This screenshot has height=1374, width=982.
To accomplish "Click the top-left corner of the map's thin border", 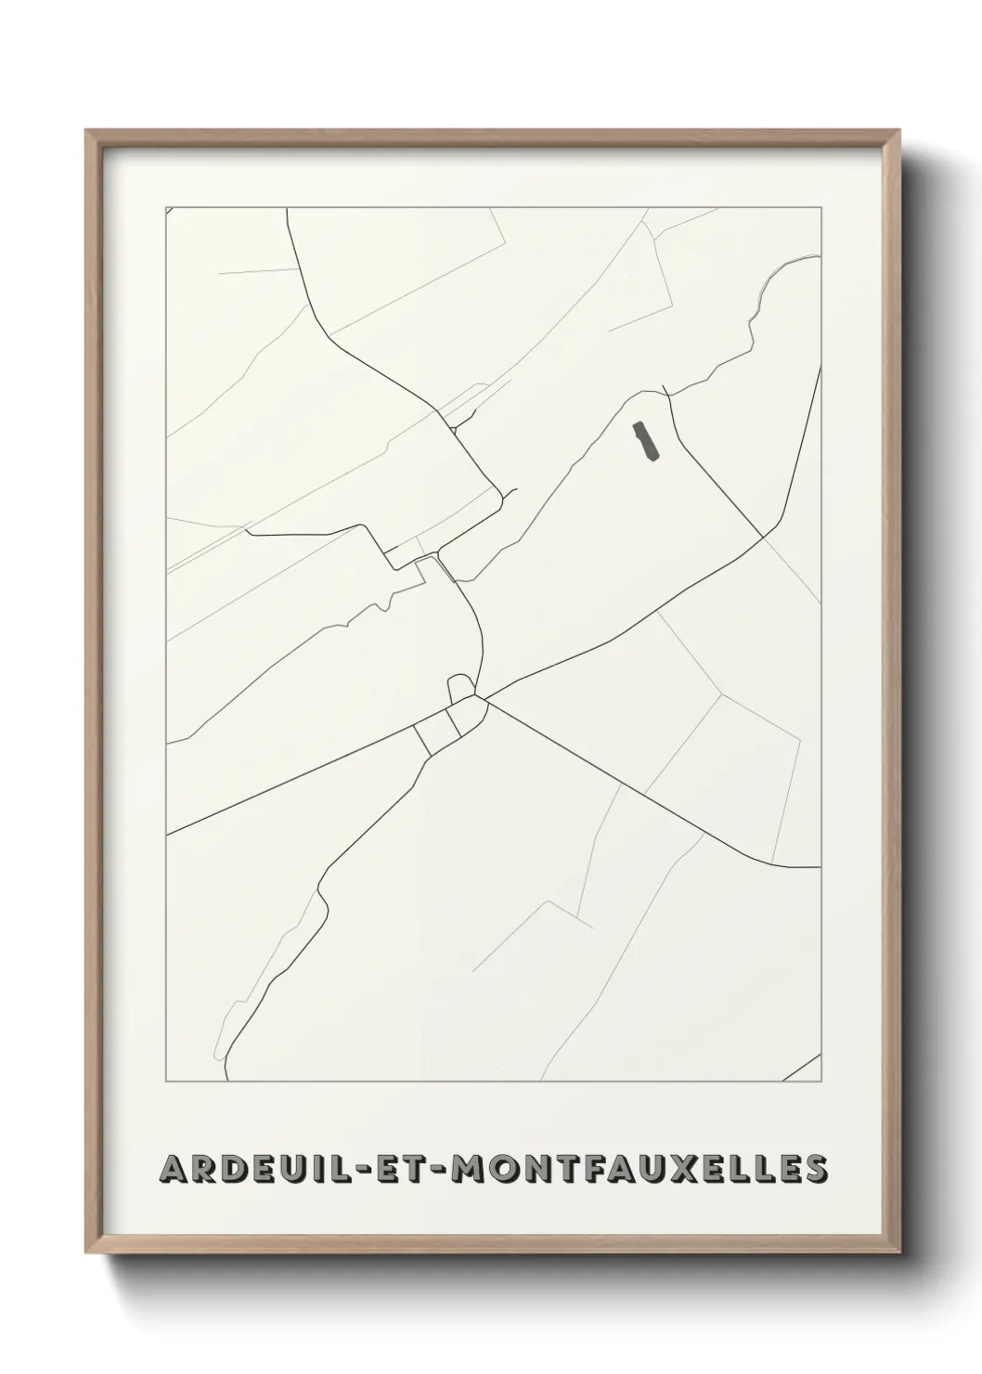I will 166,207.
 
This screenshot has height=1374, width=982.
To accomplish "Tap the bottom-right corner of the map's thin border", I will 821,1082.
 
